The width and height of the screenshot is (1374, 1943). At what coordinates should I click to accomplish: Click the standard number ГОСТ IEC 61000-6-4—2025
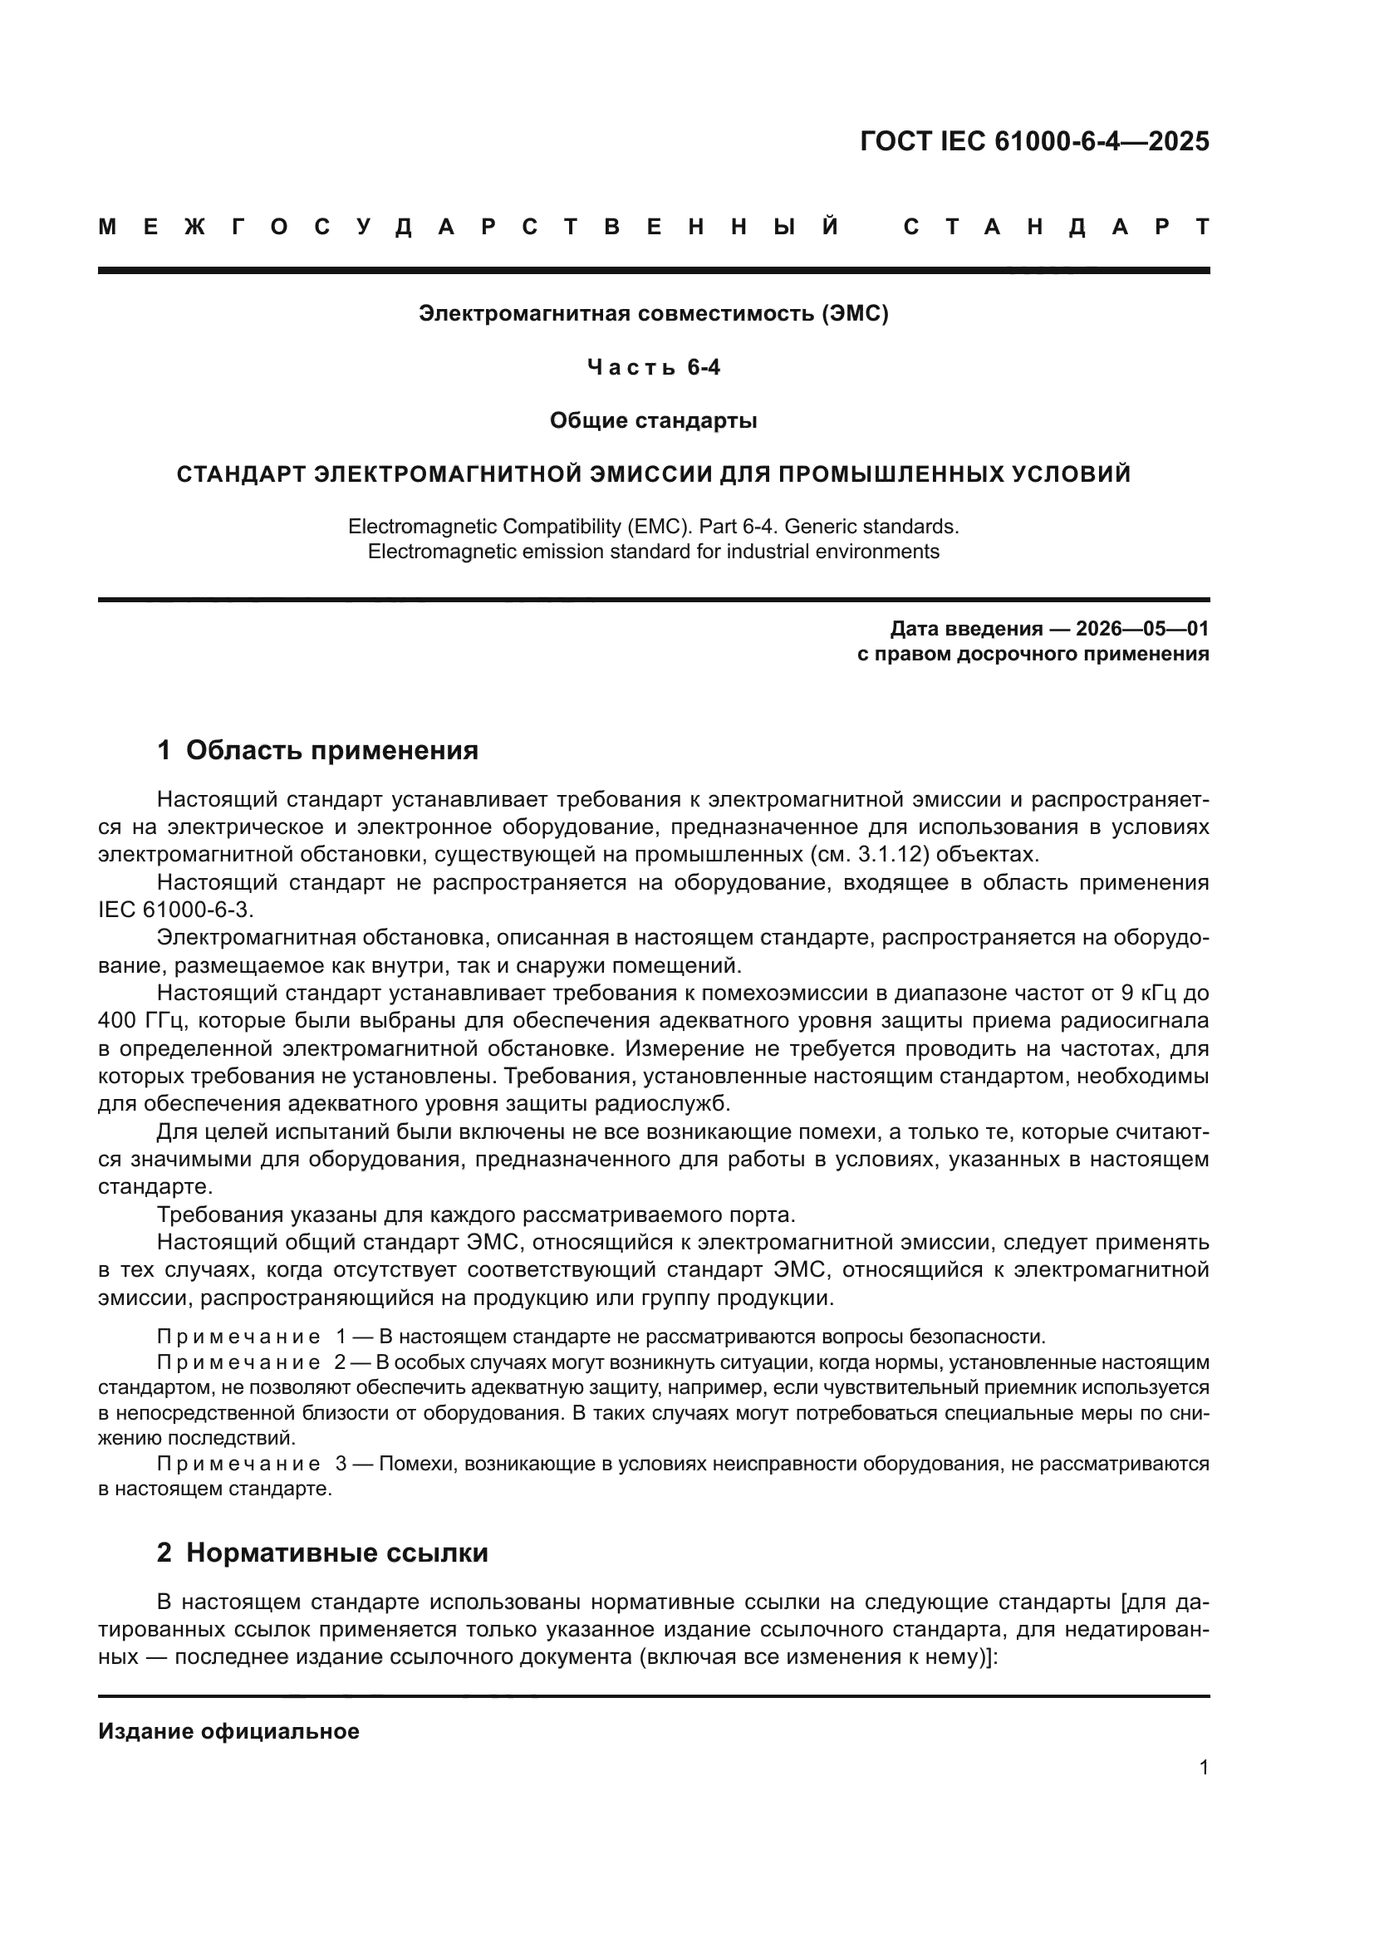[x=1034, y=140]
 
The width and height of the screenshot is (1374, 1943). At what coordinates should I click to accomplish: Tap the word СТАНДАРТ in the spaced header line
[x=1057, y=227]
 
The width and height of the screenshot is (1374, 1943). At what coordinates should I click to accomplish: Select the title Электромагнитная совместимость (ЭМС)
[x=653, y=314]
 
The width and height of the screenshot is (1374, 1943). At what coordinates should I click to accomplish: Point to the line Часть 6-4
[x=653, y=367]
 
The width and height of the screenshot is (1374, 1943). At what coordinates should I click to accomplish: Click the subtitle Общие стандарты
[x=653, y=420]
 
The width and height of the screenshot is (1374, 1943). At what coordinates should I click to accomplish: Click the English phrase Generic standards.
[x=871, y=527]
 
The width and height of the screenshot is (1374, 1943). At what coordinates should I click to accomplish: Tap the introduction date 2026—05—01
[x=1142, y=629]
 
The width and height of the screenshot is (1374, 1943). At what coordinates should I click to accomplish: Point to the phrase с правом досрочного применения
[x=1033, y=654]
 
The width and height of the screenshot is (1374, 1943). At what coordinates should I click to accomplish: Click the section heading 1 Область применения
[x=318, y=750]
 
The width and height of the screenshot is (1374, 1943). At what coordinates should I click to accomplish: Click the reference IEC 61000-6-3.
[x=175, y=910]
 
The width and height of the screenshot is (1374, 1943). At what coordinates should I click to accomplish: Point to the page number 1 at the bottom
[x=1203, y=1767]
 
